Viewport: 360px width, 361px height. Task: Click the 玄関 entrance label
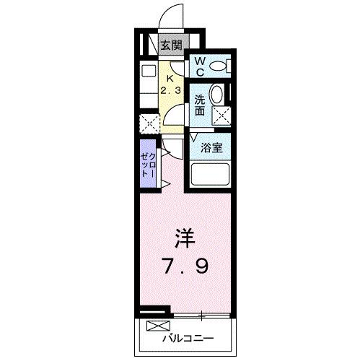tap(171, 45)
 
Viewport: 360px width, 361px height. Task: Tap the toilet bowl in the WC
tap(219, 66)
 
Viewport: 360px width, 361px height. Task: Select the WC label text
tap(198, 67)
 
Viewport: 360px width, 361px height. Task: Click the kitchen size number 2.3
tap(171, 91)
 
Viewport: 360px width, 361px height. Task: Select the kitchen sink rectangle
tap(148, 72)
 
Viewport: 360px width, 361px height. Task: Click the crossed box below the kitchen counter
tap(149, 123)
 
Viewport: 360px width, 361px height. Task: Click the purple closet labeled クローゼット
tap(147, 165)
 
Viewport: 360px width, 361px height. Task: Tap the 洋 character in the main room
tap(184, 239)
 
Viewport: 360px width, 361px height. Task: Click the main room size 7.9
tap(184, 267)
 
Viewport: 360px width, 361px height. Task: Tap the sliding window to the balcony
tap(202, 316)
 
